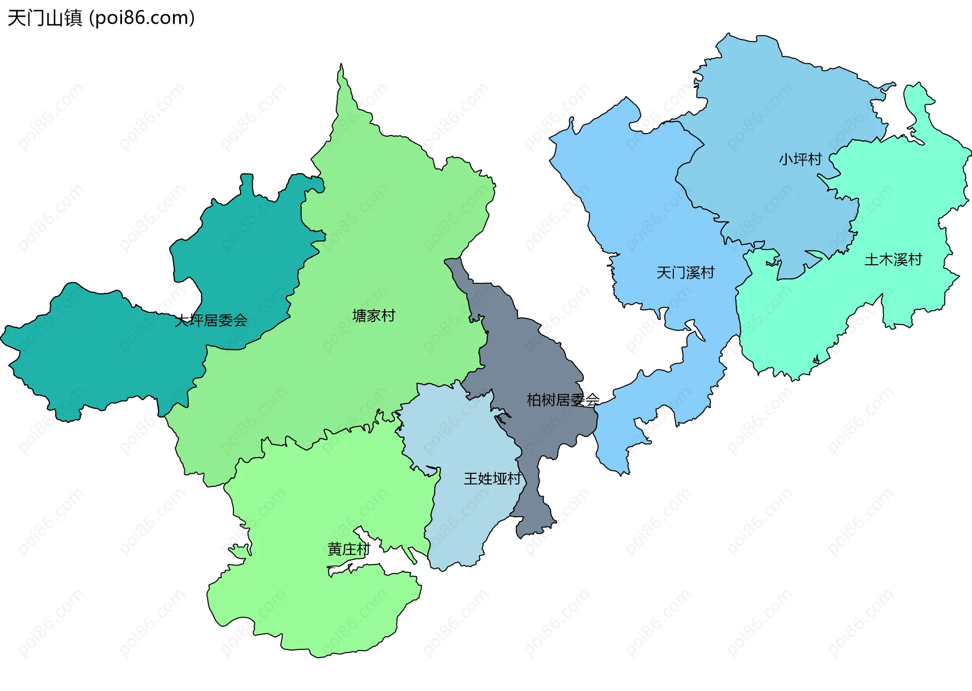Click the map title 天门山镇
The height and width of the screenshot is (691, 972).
[x=45, y=18]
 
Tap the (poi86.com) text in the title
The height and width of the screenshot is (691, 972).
[x=142, y=18]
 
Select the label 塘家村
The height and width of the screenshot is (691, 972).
[x=374, y=316]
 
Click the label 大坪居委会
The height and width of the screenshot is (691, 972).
[x=211, y=320]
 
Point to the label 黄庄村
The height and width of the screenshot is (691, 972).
[x=349, y=549]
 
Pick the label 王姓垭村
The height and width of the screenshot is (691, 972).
[x=492, y=479]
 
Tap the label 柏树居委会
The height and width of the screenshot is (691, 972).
[x=563, y=400]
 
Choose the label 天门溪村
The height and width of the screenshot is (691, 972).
[x=685, y=273]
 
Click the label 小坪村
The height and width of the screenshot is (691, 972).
[x=800, y=159]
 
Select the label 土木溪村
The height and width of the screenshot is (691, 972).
[x=893, y=260]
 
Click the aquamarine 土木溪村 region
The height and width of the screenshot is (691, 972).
[x=901, y=202]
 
